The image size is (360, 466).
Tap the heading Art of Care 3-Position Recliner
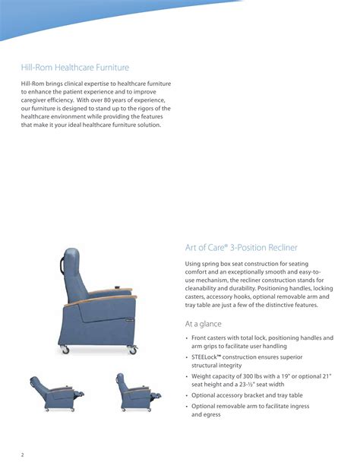pyautogui.click(x=241, y=248)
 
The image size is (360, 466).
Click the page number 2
pyautogui.click(x=22, y=455)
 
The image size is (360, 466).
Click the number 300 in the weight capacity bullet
pyautogui.click(x=252, y=376)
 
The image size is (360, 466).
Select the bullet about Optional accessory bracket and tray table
pyautogui.click(x=246, y=395)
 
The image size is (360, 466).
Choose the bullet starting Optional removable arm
pyautogui.click(x=251, y=411)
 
